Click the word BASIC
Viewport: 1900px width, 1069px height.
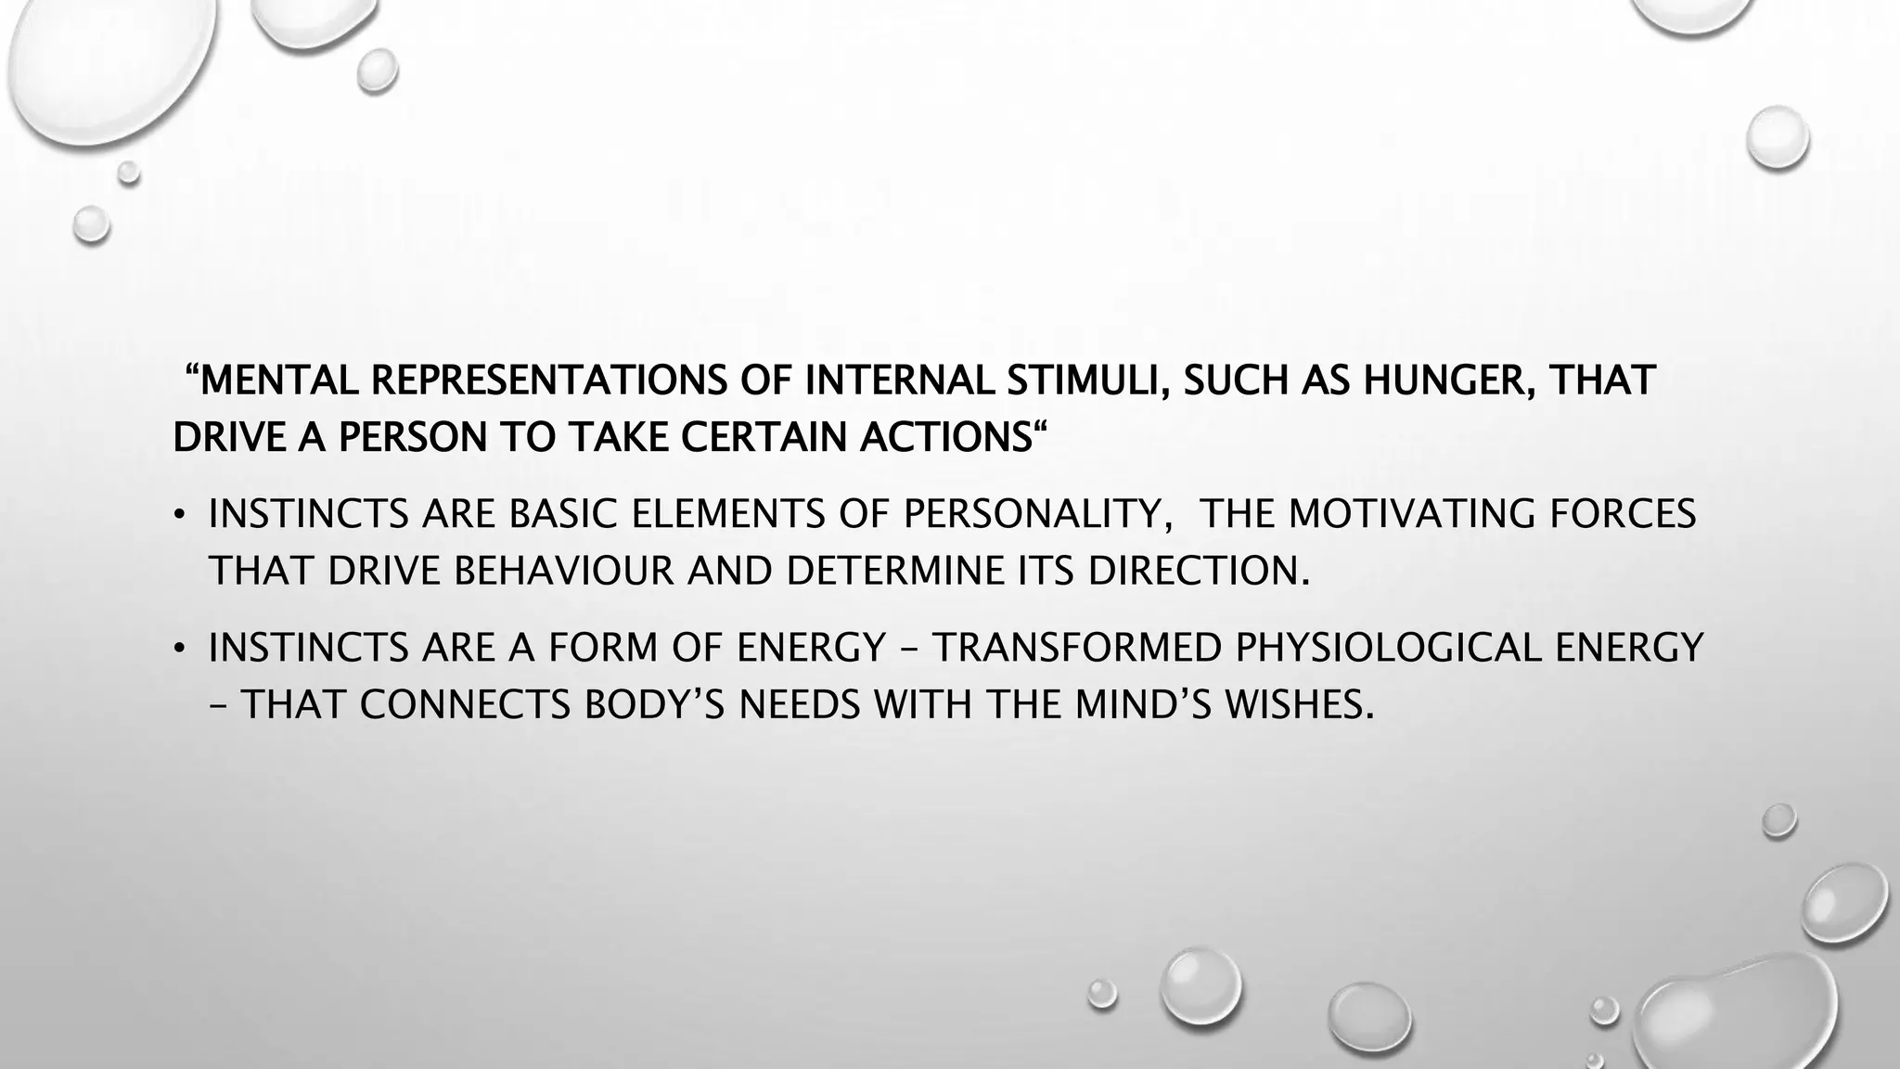coord(563,514)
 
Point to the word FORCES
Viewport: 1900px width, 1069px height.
coord(1623,514)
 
